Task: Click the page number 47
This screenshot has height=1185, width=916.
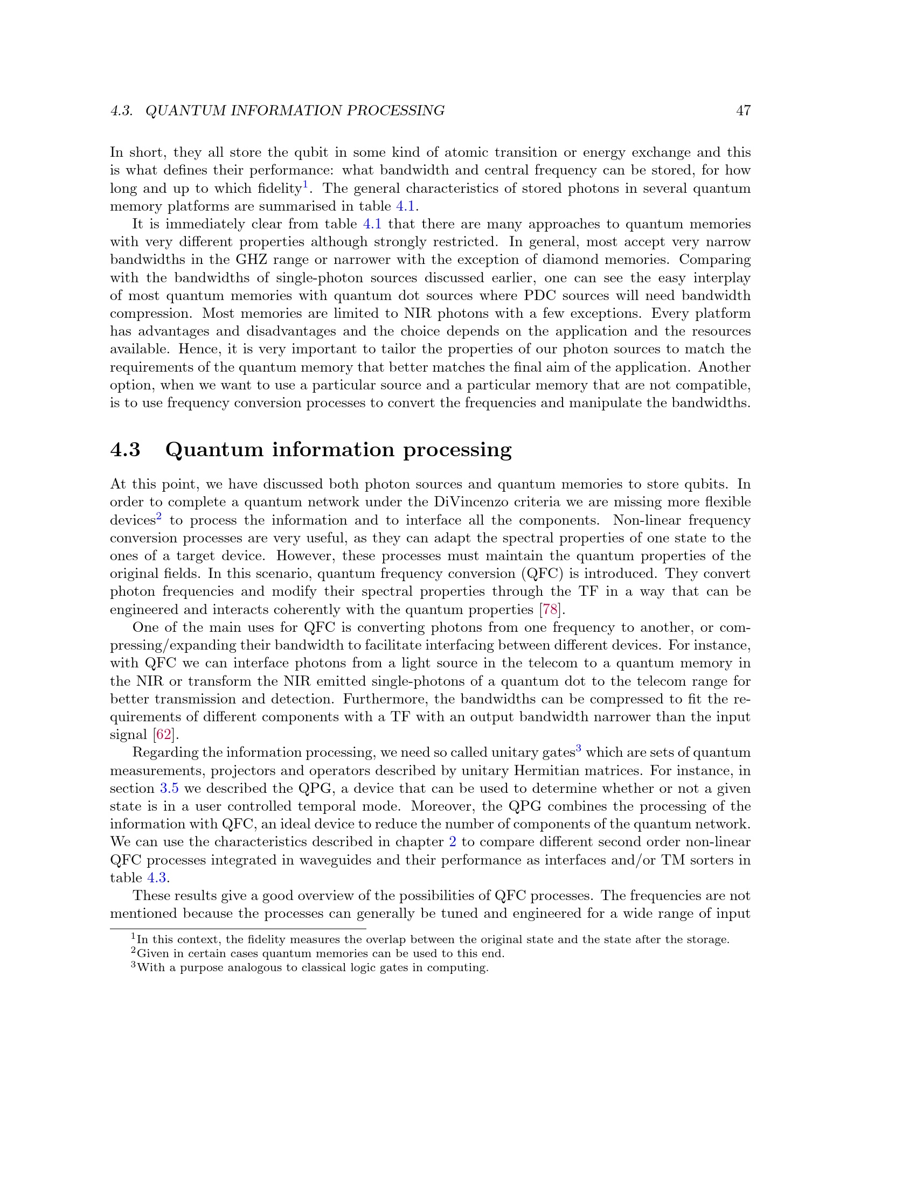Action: point(743,110)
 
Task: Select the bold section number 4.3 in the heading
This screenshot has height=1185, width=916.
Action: point(126,450)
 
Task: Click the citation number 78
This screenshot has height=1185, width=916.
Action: point(550,610)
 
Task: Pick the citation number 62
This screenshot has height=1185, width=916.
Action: point(163,735)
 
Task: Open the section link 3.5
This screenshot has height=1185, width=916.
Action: point(169,789)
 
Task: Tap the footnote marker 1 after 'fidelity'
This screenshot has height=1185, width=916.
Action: point(306,185)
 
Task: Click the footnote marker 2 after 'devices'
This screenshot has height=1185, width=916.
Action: point(159,517)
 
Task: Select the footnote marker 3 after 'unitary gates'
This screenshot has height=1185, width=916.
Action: point(579,749)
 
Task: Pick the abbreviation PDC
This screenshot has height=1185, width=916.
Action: point(540,296)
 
